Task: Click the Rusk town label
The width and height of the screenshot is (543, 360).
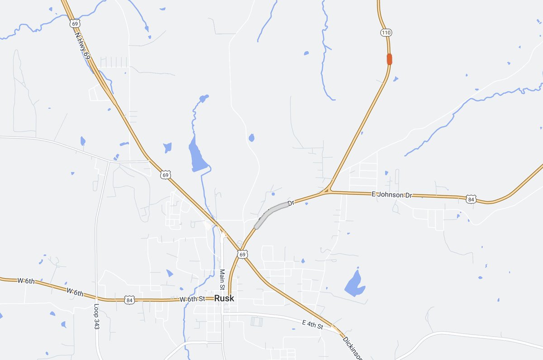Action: pyautogui.click(x=224, y=298)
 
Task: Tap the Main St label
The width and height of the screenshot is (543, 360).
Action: pyautogui.click(x=222, y=279)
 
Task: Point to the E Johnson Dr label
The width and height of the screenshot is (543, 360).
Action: pyautogui.click(x=392, y=195)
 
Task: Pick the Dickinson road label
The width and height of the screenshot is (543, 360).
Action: pyautogui.click(x=352, y=347)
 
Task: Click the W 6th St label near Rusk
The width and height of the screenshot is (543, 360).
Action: pyautogui.click(x=192, y=299)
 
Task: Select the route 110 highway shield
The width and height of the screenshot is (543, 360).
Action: pyautogui.click(x=386, y=33)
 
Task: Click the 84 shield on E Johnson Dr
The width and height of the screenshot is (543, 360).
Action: pyautogui.click(x=472, y=199)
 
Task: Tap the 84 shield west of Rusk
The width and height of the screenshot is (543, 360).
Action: pyautogui.click(x=130, y=299)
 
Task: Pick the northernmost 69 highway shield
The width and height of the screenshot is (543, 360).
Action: pyautogui.click(x=75, y=23)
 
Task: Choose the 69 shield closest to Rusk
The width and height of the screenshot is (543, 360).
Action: pyautogui.click(x=243, y=255)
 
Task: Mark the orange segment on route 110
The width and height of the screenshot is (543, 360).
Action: pyautogui.click(x=389, y=59)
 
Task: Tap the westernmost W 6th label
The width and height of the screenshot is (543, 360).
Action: pyautogui.click(x=26, y=281)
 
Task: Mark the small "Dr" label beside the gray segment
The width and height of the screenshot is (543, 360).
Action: pyautogui.click(x=291, y=203)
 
